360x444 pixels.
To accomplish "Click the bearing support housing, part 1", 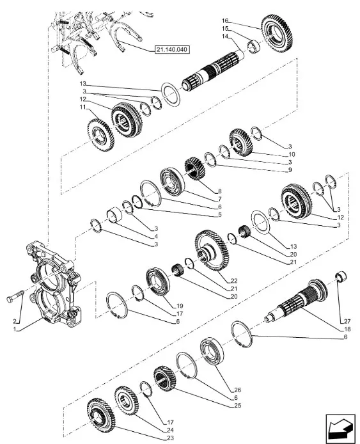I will tap(54, 282).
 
